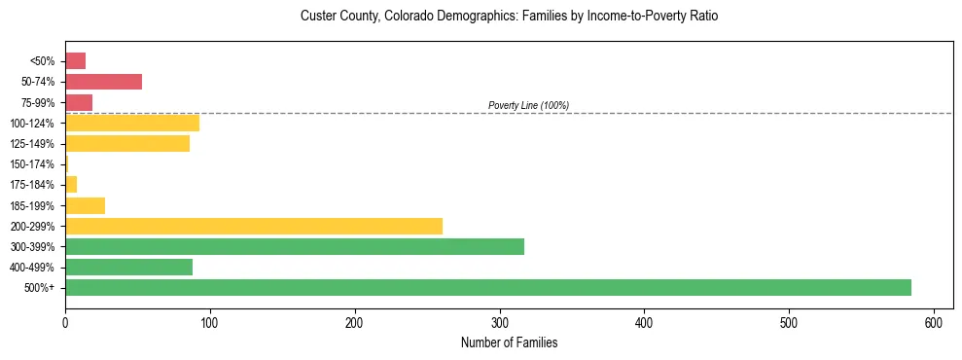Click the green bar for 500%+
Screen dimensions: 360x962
click(x=487, y=287)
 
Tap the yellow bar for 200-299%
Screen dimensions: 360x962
click(x=253, y=226)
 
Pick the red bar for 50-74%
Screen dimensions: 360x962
click(x=103, y=82)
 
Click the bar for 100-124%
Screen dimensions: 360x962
click(x=131, y=123)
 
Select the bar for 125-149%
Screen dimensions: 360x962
click(x=126, y=143)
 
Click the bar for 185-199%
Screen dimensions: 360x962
click(x=85, y=205)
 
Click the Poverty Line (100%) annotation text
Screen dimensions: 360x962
click(x=528, y=105)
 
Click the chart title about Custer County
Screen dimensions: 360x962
click(x=509, y=17)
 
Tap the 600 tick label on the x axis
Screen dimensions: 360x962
click(x=933, y=322)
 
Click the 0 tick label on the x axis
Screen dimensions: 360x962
click(x=65, y=322)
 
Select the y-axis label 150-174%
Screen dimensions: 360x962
click(x=32, y=164)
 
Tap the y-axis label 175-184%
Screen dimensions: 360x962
click(x=32, y=185)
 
